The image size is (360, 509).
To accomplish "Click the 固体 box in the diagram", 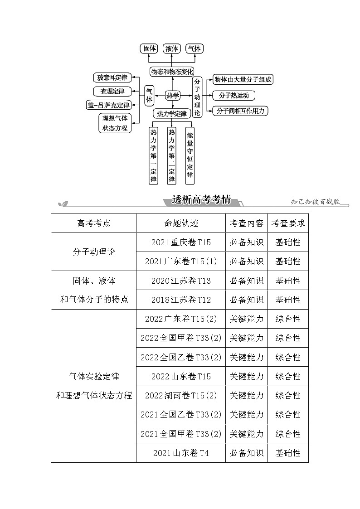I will pos(150,48).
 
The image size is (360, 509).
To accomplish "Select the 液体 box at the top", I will pos(172,48).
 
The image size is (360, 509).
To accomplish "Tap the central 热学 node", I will pos(172,95).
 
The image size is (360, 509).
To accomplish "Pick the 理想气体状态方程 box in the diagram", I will pos(115,123).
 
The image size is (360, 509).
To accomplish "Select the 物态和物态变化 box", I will pos(172,71).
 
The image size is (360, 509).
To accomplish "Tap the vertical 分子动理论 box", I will pos(197,97).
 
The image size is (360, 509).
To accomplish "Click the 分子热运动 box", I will pos(234,95).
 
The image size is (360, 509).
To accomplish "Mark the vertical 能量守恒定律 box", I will pos(190,155).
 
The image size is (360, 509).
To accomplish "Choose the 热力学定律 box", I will pos(172,113).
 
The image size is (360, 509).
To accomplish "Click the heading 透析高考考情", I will pos(202,200).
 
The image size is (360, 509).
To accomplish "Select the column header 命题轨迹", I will pos(181,223).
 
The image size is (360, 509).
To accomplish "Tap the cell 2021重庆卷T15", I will pos(181,242).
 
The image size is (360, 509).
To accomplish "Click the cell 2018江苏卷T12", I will pos(181,300).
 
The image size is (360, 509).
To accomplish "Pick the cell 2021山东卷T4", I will pos(181,453).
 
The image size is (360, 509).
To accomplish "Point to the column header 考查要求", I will pos(288,223).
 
